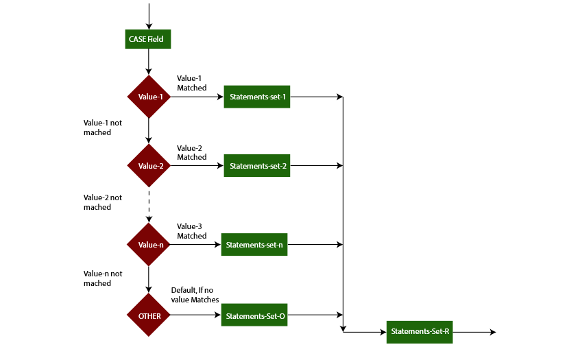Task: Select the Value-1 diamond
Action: point(149,97)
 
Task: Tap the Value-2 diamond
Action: point(149,165)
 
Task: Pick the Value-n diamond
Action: point(149,245)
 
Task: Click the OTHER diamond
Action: point(149,315)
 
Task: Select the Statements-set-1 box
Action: point(257,97)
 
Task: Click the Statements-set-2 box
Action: point(257,165)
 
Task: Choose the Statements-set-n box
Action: point(254,245)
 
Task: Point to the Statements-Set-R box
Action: point(420,332)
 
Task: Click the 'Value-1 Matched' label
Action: point(191,83)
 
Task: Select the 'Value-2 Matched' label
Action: point(191,152)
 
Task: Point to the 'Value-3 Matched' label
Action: point(191,231)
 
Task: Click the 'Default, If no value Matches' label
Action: point(195,295)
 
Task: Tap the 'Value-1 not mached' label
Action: point(103,128)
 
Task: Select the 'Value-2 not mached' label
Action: point(103,202)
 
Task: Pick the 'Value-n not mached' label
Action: point(103,278)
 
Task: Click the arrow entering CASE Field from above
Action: point(149,15)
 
